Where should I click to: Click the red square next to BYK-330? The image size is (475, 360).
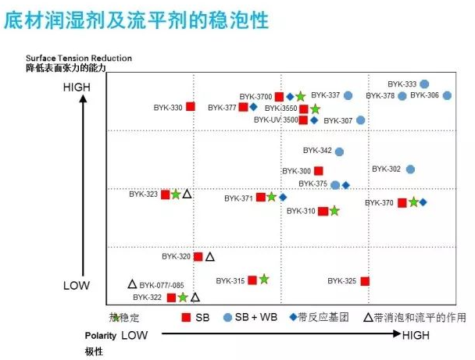pyautogui.click(x=191, y=106)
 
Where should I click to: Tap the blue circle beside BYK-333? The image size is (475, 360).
pyautogui.click(x=424, y=84)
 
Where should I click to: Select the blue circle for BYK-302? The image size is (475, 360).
pyautogui.click(x=410, y=169)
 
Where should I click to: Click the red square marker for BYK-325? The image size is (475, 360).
pyautogui.click(x=365, y=281)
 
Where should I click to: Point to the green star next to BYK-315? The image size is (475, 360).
pyautogui.click(x=264, y=279)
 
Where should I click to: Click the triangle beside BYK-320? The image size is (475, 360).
pyautogui.click(x=210, y=256)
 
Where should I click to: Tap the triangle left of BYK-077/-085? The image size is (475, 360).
pyautogui.click(x=132, y=284)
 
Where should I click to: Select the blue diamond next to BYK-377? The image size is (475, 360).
pyautogui.click(x=254, y=107)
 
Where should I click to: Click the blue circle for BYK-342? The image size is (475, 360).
pyautogui.click(x=339, y=151)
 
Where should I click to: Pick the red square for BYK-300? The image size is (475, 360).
pyautogui.click(x=318, y=171)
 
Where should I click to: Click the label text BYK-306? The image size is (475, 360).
pyautogui.click(x=424, y=95)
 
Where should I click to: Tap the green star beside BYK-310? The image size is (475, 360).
pyautogui.click(x=334, y=211)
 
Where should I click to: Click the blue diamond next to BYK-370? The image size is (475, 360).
pyautogui.click(x=423, y=202)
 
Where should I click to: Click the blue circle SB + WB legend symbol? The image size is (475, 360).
pyautogui.click(x=228, y=317)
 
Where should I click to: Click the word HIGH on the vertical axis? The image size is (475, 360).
pyautogui.click(x=77, y=87)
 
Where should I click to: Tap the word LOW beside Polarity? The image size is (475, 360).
pyautogui.click(x=134, y=335)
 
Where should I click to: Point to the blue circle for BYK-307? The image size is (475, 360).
pyautogui.click(x=361, y=120)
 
